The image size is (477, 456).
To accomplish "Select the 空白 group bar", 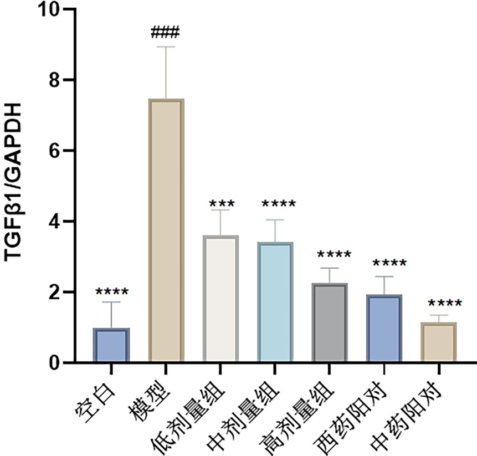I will [x=111, y=346].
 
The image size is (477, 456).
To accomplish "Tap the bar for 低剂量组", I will [x=220, y=299].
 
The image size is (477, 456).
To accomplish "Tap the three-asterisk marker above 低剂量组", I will [x=220, y=204].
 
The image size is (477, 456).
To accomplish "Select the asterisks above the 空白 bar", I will [x=111, y=292].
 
